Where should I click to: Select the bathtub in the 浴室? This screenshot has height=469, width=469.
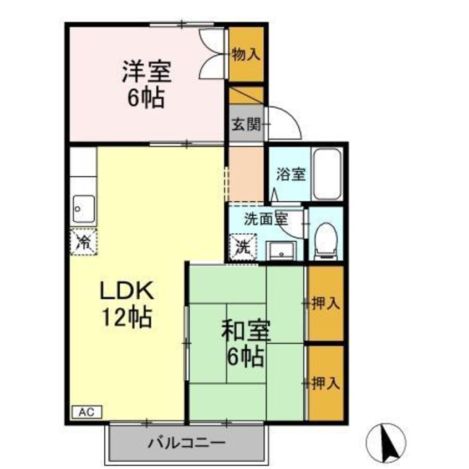pos(327,175)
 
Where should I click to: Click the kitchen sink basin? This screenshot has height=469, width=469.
pos(84,209)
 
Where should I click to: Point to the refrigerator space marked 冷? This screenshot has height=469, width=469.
pos(84,242)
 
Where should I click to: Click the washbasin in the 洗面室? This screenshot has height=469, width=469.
pos(281,251)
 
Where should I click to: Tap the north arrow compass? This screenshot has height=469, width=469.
pos(386,443)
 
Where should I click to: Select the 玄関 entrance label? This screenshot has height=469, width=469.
pos(247,124)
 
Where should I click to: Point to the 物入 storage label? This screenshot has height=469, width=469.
pos(246,54)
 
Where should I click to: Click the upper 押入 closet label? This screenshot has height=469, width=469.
pos(325,304)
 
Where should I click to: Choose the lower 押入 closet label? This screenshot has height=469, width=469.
pos(325,383)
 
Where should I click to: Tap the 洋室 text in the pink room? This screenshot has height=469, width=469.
pos(146,71)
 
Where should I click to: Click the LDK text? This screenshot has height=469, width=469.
pos(126,290)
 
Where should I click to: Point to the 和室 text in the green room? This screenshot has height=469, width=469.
pos(246,330)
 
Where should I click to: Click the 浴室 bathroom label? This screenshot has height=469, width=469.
pos(290,174)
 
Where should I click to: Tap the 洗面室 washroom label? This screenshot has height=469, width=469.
pos(266,219)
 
